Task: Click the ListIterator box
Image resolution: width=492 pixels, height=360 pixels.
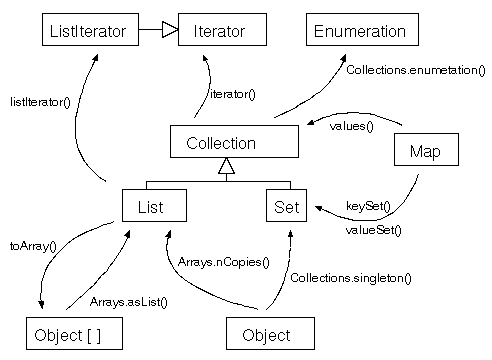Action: tap(88, 32)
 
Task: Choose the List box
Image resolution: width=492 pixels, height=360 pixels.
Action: tap(155, 206)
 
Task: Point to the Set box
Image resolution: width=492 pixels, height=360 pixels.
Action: tap(281, 206)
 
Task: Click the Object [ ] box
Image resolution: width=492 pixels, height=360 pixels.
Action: tap(76, 334)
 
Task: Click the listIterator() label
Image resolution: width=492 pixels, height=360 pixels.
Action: tap(39, 102)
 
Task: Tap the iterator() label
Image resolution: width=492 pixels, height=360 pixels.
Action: tap(232, 94)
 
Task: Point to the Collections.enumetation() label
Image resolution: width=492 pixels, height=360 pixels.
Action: tap(414, 70)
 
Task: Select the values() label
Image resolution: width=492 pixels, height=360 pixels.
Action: tap(351, 126)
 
